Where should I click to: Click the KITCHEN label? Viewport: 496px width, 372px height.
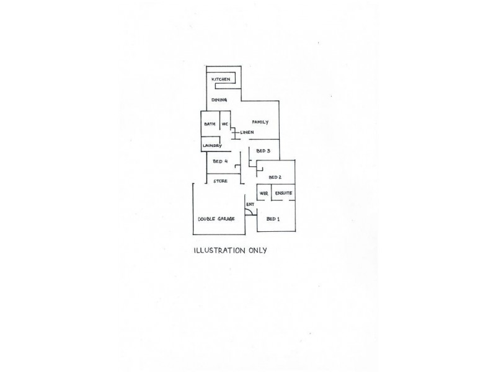click(221, 79)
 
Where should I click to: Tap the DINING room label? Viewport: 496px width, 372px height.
click(219, 100)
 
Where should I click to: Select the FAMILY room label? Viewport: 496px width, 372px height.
click(260, 122)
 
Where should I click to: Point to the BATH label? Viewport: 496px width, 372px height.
click(210, 124)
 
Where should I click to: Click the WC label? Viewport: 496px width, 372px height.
click(224, 124)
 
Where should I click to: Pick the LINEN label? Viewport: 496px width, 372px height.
click(247, 132)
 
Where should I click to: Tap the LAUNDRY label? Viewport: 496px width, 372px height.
click(212, 146)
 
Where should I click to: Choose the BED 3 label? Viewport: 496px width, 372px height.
click(263, 151)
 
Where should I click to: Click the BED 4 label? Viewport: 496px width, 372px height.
click(220, 161)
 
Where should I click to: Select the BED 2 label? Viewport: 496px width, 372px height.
click(275, 177)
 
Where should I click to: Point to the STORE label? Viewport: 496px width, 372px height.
click(220, 181)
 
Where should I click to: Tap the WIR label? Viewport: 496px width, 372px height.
click(263, 193)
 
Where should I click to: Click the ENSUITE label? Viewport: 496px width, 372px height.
click(283, 193)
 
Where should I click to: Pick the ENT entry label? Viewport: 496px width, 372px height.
click(250, 205)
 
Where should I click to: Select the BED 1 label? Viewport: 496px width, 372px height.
click(273, 219)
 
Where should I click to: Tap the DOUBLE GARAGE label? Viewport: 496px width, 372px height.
click(216, 219)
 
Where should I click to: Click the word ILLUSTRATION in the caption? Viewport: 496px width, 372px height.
click(219, 250)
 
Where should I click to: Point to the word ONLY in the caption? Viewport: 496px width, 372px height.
click(258, 250)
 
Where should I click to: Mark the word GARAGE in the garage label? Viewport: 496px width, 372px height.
click(226, 219)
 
